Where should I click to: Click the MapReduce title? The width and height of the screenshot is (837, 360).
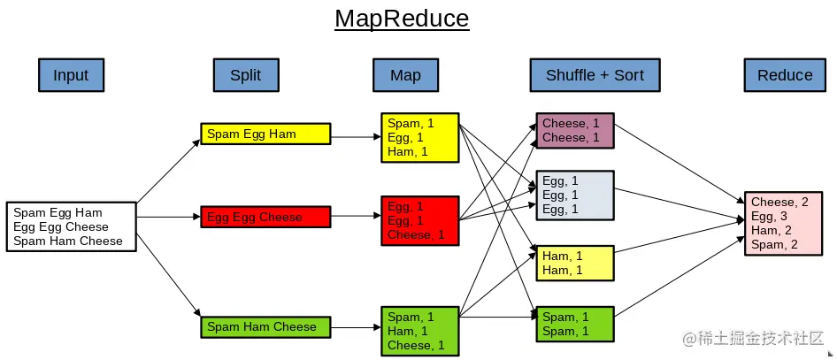(x=401, y=19)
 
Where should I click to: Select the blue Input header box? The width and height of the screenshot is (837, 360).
(x=71, y=75)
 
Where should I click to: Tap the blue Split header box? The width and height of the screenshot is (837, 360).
(x=245, y=75)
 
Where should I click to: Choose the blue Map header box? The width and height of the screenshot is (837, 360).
(x=405, y=75)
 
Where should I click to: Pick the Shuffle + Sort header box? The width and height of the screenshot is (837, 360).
(x=595, y=75)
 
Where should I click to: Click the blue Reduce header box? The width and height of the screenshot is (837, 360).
(x=784, y=75)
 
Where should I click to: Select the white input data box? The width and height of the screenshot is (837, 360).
(x=71, y=226)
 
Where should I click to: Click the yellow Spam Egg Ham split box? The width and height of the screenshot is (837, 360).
(x=265, y=134)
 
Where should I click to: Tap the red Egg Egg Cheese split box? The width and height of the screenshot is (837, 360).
(x=265, y=217)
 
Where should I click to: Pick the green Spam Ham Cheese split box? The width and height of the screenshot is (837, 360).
(x=265, y=326)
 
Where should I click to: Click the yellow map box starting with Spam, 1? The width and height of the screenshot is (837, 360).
(x=420, y=138)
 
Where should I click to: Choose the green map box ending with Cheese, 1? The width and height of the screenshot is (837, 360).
(x=420, y=331)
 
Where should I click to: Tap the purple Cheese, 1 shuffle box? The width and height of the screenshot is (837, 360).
(x=575, y=130)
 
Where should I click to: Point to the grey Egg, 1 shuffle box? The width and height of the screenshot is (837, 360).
(x=575, y=195)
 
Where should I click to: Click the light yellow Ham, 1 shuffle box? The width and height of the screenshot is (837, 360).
(x=575, y=263)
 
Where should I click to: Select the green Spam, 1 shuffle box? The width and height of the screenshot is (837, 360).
(x=575, y=324)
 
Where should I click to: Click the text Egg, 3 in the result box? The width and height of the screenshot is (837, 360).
(x=769, y=216)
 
